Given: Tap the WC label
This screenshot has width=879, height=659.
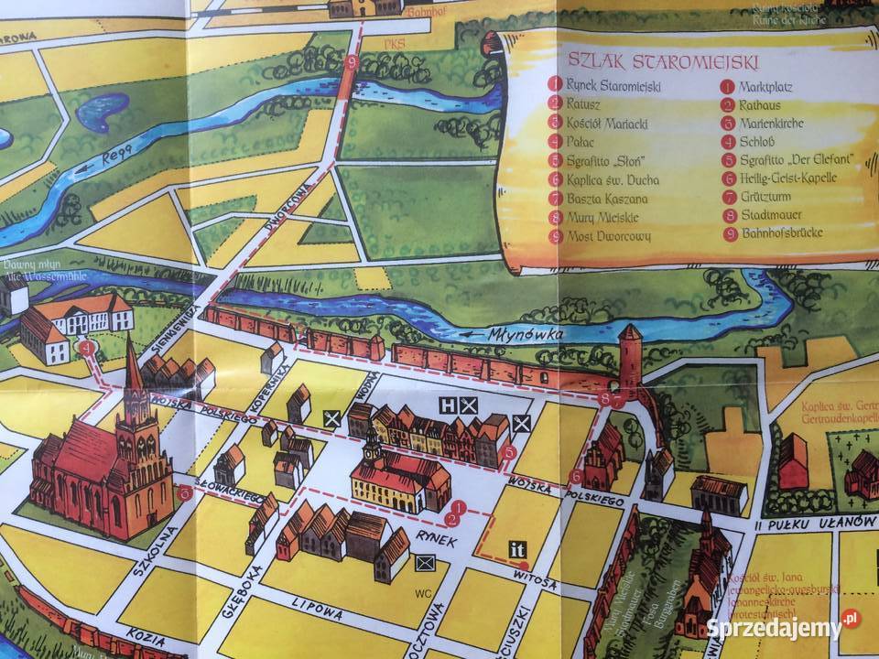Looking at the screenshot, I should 423,593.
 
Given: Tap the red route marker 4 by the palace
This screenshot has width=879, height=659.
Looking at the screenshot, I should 86,348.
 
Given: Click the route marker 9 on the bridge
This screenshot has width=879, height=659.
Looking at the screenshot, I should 353,62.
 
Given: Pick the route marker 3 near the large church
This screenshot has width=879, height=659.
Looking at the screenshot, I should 186,492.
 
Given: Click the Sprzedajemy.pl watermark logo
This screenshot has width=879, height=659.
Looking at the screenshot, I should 784,627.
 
